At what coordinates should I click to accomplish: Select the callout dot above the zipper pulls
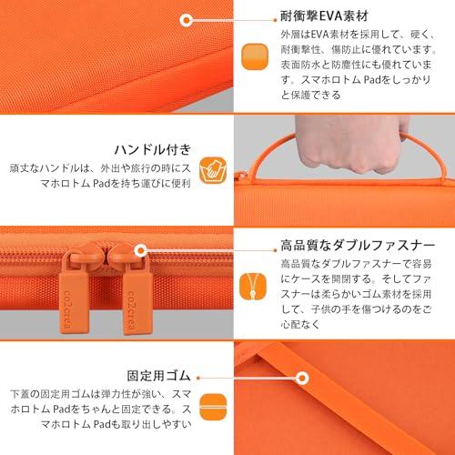pyautogui.click(x=142, y=247)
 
